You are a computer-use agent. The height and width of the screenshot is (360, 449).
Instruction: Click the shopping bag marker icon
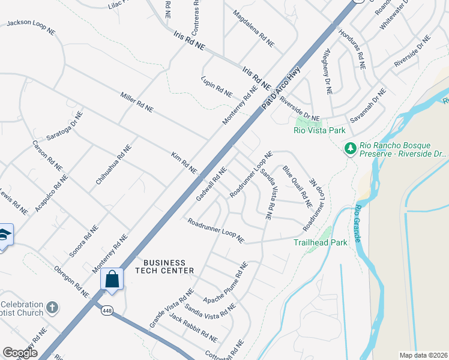point(112,279)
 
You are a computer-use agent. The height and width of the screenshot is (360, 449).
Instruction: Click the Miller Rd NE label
point(137,102)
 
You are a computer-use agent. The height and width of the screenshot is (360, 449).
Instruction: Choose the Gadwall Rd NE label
point(211,184)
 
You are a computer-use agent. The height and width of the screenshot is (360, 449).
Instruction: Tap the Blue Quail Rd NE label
point(298,186)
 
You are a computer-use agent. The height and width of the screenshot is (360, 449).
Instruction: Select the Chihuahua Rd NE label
point(113,164)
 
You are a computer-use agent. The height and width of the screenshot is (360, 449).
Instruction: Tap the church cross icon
point(52,307)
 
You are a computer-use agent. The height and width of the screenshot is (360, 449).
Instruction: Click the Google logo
point(20,353)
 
